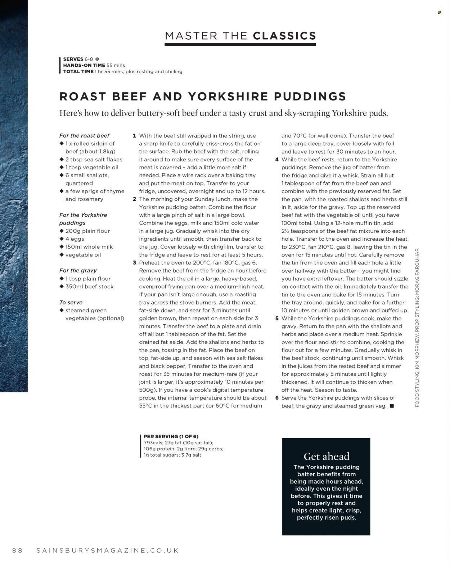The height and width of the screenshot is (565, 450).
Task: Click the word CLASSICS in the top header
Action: pyautogui.click(x=284, y=36)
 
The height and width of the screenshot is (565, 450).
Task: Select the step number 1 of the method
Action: pyautogui.click(x=134, y=136)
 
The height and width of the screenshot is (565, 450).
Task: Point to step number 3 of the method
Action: pyautogui.click(x=134, y=263)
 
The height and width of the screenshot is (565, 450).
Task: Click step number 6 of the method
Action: pyautogui.click(x=277, y=398)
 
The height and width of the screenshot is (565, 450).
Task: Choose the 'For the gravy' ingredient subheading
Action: pyautogui.click(x=78, y=271)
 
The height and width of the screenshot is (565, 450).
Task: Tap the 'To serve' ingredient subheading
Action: pyautogui.click(x=71, y=302)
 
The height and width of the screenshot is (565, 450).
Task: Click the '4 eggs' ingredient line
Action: pyautogui.click(x=75, y=239)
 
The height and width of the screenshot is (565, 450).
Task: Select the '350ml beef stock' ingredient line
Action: pyautogui.click(x=89, y=286)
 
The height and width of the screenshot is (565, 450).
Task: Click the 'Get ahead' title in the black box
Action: pyautogui.click(x=326, y=457)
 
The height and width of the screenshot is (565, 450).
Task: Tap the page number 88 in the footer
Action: pyautogui.click(x=18, y=550)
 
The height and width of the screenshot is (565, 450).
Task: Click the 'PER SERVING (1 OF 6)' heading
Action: pyautogui.click(x=171, y=436)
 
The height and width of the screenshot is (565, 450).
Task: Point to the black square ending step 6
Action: pyautogui.click(x=392, y=406)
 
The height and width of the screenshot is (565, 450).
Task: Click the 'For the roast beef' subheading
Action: pyautogui.click(x=84, y=136)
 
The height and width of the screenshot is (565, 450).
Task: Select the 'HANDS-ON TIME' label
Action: pyautogui.click(x=84, y=65)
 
